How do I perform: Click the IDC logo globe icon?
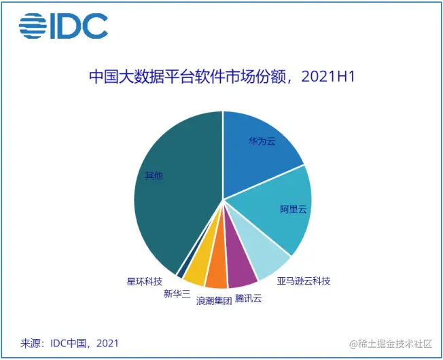click(x=33, y=26)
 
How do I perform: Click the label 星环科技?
click(x=145, y=281)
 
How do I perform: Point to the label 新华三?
click(x=177, y=294)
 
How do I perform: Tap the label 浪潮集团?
click(x=215, y=301)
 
